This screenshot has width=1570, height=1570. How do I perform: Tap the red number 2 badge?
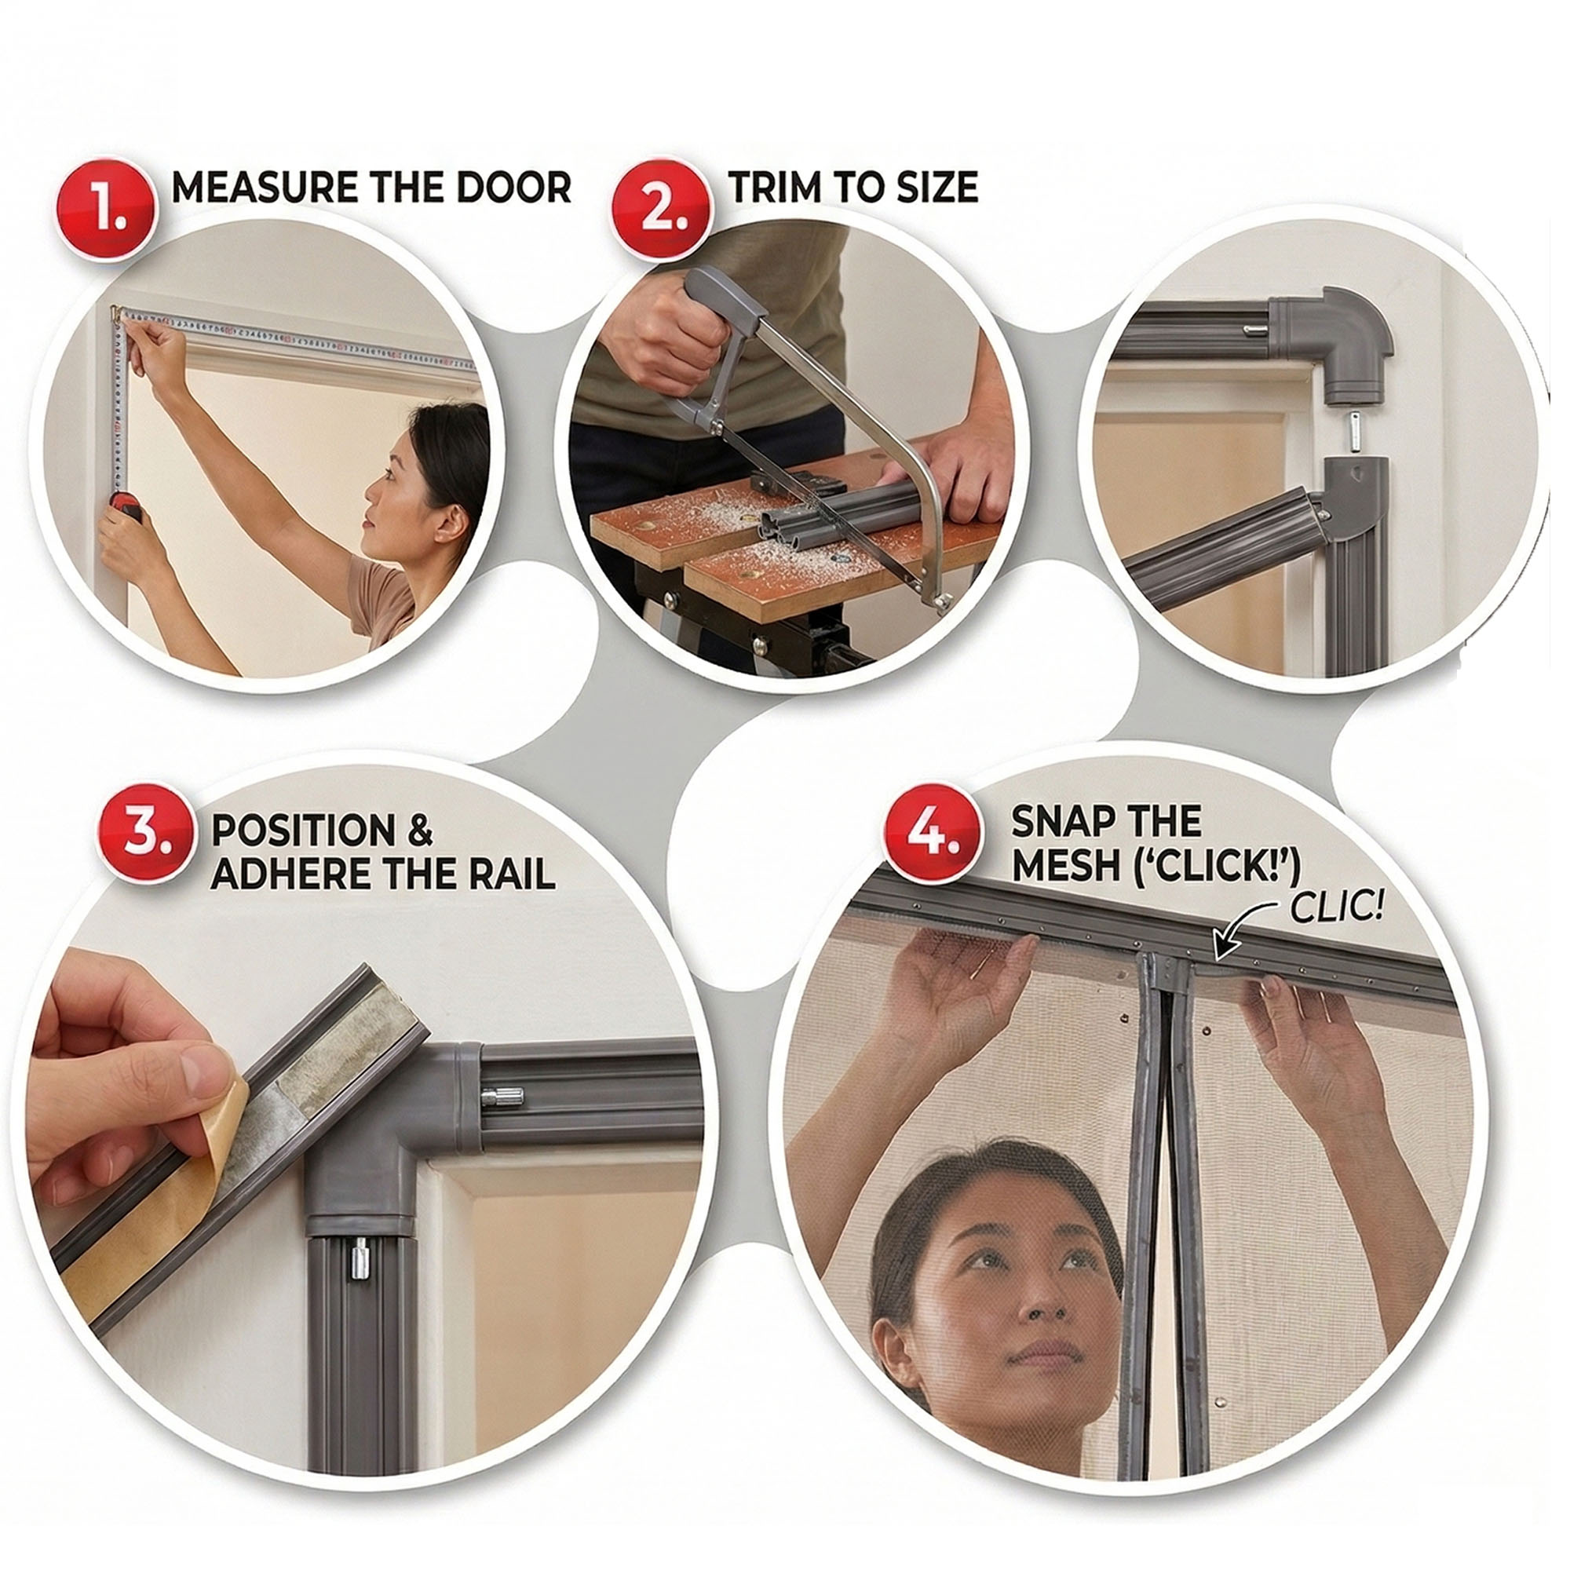663,210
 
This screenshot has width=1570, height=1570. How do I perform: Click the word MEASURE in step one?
267,188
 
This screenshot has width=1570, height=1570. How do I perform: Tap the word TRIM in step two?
775,188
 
